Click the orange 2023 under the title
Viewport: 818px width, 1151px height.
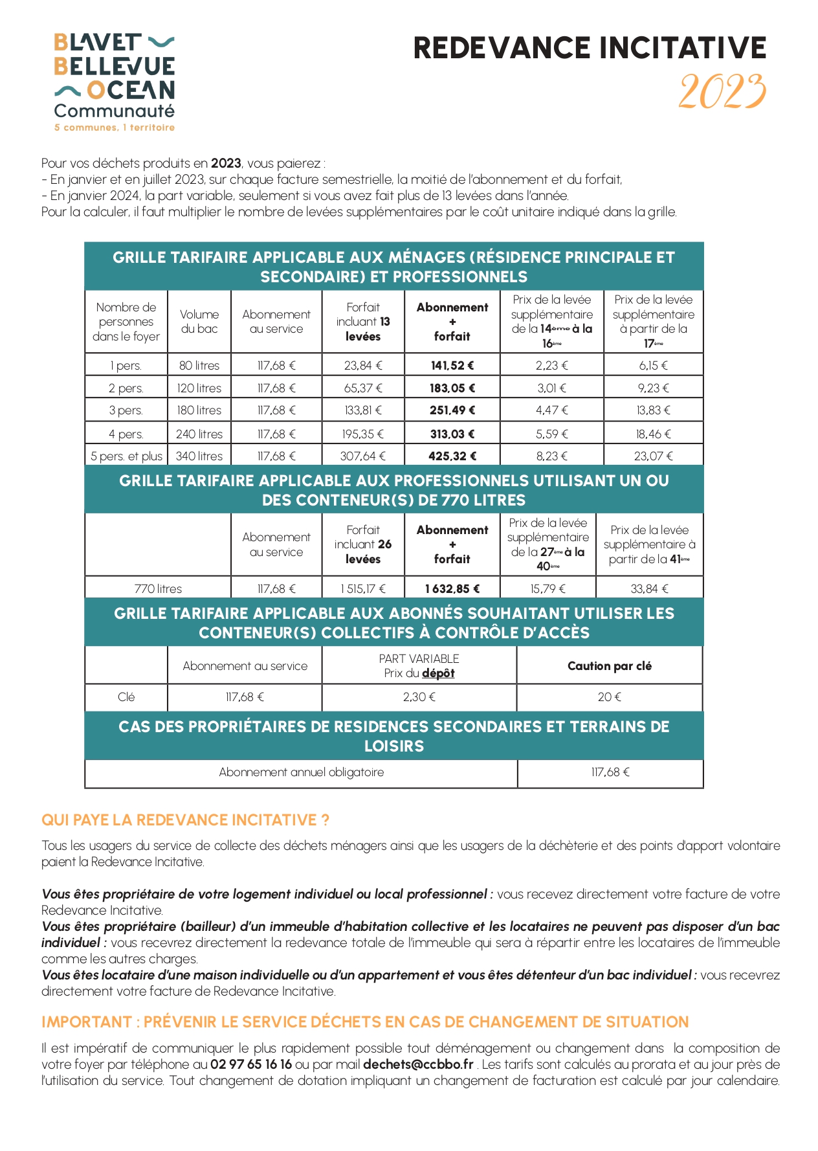pyautogui.click(x=722, y=91)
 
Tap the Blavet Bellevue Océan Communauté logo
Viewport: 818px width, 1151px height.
pyautogui.click(x=115, y=82)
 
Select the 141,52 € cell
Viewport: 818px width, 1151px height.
pyautogui.click(x=452, y=366)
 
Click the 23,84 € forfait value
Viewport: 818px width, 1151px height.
pyautogui.click(x=363, y=366)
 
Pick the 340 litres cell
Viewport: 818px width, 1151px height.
pyautogui.click(x=199, y=456)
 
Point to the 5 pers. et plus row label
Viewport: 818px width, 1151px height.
pyautogui.click(x=126, y=456)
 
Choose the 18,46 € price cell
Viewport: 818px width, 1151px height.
pyautogui.click(x=653, y=434)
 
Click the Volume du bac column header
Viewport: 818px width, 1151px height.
pyautogui.click(x=199, y=322)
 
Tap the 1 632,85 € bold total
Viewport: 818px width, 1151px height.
pyautogui.click(x=452, y=589)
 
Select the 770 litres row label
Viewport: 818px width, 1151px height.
pyautogui.click(x=158, y=589)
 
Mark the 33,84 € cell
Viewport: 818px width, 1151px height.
pyautogui.click(x=649, y=589)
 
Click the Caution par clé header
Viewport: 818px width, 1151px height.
pyautogui.click(x=609, y=666)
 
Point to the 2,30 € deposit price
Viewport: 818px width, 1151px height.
pyautogui.click(x=419, y=697)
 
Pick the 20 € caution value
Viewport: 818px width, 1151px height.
pyautogui.click(x=609, y=697)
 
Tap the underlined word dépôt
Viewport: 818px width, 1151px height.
pyautogui.click(x=438, y=673)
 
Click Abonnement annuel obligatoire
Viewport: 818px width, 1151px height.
pyautogui.click(x=301, y=772)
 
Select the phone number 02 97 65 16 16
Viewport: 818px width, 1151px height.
pyautogui.click(x=250, y=1064)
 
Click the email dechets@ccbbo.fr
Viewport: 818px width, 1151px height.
pyautogui.click(x=418, y=1064)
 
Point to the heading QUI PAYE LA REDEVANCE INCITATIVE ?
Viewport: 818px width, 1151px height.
pyautogui.click(x=185, y=820)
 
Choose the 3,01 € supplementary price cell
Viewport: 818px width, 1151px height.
pyautogui.click(x=551, y=388)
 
